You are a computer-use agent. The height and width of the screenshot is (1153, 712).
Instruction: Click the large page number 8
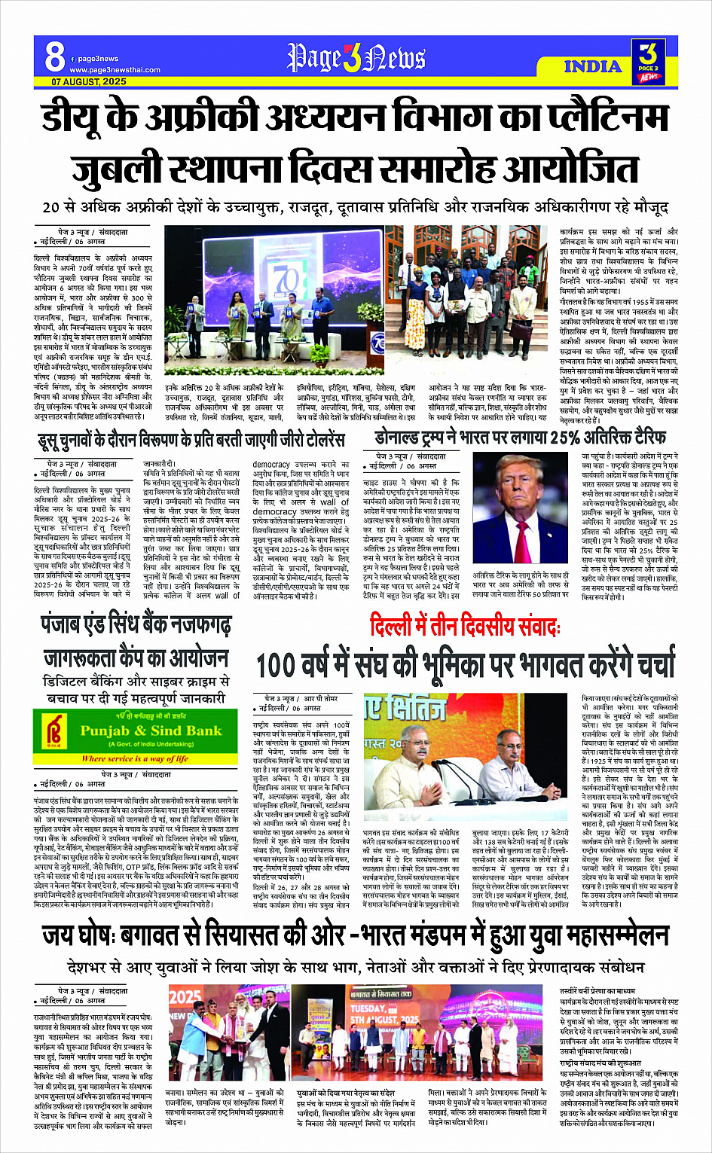54,56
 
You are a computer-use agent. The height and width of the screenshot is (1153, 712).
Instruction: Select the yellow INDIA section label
593,66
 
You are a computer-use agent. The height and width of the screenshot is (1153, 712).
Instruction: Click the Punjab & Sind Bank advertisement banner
136,737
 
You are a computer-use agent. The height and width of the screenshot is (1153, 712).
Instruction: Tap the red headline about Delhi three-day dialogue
465,626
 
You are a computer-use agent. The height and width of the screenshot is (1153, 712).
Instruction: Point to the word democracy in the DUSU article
271,465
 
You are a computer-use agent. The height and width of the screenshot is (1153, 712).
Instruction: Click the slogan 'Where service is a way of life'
136,758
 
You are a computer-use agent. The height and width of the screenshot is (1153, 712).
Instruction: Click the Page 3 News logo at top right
647,60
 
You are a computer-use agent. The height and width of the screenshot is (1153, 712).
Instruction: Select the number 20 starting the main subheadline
51,207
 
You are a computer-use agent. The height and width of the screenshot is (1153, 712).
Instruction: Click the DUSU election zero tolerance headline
191,439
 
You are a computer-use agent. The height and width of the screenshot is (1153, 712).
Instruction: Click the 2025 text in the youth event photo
185,996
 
